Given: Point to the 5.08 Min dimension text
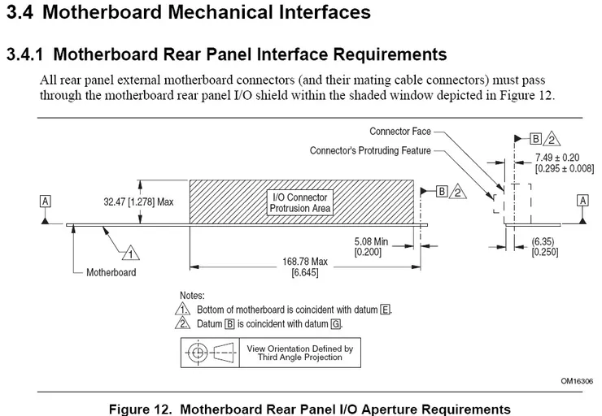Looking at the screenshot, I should click(373, 242).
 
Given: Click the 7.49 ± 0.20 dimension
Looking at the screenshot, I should click(556, 157).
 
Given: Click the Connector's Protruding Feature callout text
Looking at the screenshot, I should click(370, 150).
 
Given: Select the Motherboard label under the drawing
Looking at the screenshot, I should click(111, 272).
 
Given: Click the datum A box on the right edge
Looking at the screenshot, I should click(582, 199).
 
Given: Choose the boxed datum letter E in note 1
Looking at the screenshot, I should click(385, 310).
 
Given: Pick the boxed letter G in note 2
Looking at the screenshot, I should click(336, 323).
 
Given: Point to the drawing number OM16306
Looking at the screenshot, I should click(576, 380).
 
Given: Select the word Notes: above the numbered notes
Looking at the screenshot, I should click(193, 296).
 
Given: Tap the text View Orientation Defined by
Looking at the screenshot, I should click(299, 349).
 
